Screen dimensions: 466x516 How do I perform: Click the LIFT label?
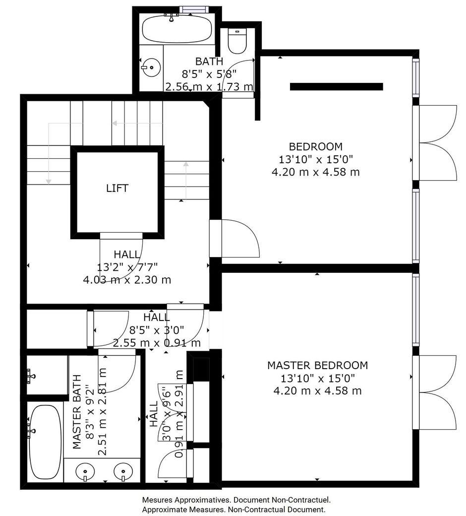point(117,188)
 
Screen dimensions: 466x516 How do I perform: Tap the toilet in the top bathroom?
point(237,41)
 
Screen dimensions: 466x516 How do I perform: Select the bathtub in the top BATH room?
point(177,29)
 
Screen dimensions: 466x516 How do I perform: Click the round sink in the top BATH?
point(151,67)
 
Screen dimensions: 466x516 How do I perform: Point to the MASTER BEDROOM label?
point(317,365)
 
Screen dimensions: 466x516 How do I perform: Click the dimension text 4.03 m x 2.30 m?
point(127,280)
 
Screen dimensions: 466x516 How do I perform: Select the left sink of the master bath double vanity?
point(85,471)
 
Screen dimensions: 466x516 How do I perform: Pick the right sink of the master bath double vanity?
point(123,471)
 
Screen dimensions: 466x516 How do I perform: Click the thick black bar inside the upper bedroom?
point(337,86)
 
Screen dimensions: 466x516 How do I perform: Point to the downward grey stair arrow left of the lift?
point(49,153)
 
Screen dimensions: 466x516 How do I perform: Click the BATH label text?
point(209,62)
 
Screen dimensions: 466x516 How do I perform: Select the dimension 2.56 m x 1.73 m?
point(209,87)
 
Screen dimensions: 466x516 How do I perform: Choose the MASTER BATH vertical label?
point(77,411)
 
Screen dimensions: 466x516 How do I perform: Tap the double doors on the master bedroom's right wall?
point(435,392)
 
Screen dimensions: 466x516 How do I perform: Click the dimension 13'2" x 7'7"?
point(127,267)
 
